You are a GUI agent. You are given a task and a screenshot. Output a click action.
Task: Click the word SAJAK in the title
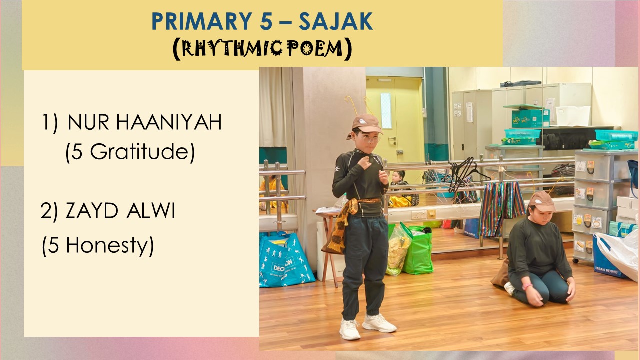click(336, 21)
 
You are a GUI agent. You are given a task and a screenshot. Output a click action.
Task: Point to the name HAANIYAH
click(169, 122)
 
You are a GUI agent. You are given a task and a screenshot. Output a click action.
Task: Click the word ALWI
click(151, 211)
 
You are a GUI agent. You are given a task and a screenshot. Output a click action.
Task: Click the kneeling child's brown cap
click(542, 201)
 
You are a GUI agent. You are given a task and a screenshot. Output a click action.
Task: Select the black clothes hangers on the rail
click(463, 174)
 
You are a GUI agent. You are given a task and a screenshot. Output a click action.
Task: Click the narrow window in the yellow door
click(386, 111)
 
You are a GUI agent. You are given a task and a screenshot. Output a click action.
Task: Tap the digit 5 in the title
click(266, 21)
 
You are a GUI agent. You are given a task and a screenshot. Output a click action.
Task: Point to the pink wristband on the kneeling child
click(527, 286)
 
